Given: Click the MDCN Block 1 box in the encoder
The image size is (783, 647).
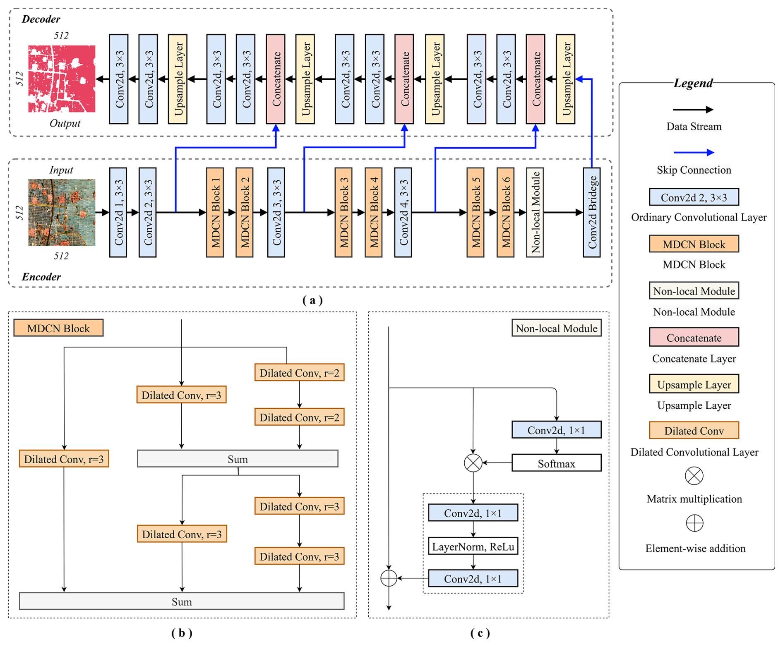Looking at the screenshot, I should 215,212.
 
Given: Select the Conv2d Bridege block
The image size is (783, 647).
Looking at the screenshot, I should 591,212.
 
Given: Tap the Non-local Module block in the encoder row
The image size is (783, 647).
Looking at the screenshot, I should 535,212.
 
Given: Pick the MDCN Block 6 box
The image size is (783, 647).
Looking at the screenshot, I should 505,212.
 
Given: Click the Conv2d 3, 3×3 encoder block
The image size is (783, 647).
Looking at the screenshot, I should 276,212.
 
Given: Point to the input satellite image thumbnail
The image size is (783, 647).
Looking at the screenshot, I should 62,212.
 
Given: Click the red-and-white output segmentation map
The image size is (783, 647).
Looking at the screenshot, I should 62,79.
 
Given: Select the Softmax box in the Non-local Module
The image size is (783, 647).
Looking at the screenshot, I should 556,463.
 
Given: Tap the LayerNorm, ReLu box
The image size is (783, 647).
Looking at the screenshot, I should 473,546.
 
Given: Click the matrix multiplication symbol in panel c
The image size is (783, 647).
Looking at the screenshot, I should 473,463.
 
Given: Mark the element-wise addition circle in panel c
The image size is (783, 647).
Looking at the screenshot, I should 389,578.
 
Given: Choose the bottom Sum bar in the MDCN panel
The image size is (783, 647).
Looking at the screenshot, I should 182,601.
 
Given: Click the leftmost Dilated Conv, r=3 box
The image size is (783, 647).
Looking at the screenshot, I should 64,459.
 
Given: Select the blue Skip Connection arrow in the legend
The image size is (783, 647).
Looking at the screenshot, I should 694,152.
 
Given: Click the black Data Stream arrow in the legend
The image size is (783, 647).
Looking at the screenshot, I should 693,110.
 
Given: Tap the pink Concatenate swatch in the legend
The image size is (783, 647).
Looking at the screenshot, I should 694,338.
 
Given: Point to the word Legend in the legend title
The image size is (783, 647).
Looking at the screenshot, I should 693,83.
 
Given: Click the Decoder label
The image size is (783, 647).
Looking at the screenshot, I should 41,19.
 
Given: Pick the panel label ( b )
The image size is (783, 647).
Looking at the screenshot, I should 182,633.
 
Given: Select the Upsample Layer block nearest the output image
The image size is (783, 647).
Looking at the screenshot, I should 178,79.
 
